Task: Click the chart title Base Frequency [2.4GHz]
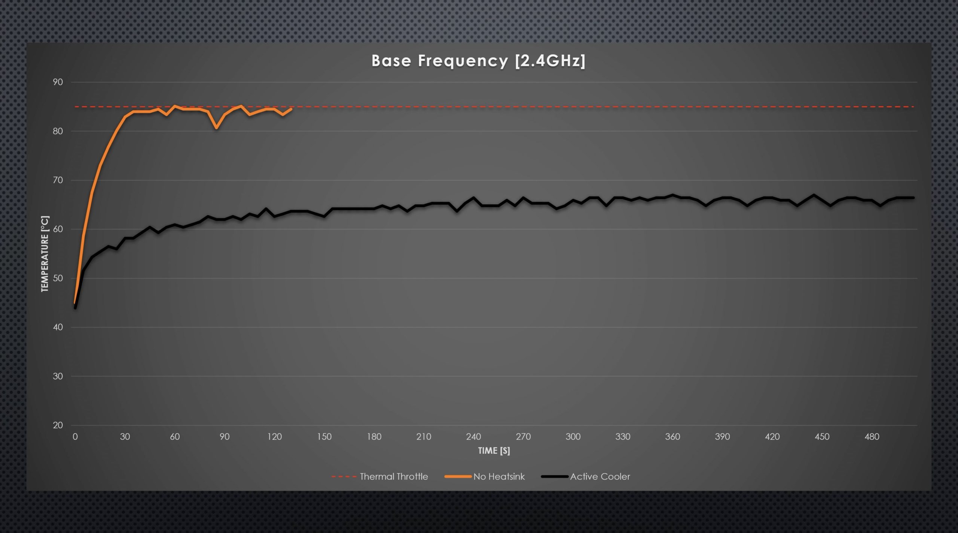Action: coord(478,61)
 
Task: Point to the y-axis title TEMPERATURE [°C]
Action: coord(45,253)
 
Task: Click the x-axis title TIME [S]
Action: coord(494,451)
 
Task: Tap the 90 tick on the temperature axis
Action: coord(58,82)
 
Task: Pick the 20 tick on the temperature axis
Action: coord(58,425)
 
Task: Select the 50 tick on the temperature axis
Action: coord(58,278)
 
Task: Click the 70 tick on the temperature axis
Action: coord(58,180)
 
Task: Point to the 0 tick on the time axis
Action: coord(75,436)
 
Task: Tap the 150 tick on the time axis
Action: coord(324,436)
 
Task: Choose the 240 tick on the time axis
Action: coord(473,436)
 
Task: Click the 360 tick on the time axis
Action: coord(672,436)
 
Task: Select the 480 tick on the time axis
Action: coord(872,436)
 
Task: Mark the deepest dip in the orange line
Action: coord(216,128)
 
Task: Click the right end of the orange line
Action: coord(292,109)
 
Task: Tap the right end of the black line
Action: coord(913,198)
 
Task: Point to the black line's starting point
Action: coord(75,308)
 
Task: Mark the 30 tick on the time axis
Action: coord(125,436)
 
